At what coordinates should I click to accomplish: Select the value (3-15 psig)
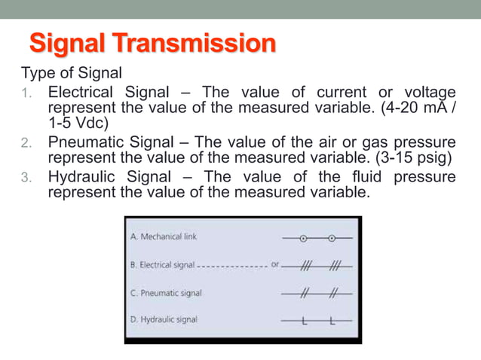tap(412, 159)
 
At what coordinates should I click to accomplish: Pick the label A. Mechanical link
tap(164, 236)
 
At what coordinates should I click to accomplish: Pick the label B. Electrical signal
tap(163, 265)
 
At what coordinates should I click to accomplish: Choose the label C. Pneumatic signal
tap(166, 293)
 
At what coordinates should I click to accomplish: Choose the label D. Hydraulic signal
tap(164, 319)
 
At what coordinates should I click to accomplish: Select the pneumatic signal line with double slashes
tap(317, 293)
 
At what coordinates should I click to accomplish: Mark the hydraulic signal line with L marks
tap(317, 321)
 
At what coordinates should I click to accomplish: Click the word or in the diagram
tap(276, 265)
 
